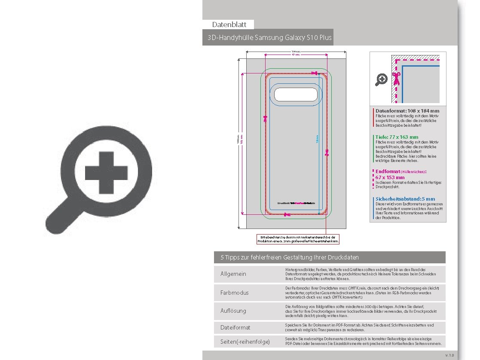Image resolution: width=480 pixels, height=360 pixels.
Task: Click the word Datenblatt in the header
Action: [229, 24]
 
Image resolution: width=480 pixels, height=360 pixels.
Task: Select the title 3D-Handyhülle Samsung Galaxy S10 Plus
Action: [269, 38]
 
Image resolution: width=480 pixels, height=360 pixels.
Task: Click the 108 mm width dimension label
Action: [296, 52]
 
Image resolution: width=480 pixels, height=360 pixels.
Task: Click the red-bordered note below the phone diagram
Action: [298, 239]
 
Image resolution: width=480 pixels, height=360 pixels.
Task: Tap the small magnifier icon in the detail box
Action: [381, 79]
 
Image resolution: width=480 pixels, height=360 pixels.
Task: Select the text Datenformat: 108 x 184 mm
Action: [407, 111]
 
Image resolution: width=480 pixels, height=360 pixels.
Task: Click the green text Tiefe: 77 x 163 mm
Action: [397, 137]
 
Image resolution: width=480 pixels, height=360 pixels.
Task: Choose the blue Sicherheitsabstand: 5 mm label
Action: [405, 199]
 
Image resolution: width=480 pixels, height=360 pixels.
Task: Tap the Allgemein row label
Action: [233, 274]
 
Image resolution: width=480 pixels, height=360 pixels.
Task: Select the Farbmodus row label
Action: [234, 293]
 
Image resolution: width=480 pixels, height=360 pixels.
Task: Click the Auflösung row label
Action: [233, 311]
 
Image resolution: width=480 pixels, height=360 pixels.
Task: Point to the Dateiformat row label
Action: [235, 327]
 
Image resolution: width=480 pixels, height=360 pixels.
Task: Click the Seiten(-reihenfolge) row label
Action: [245, 342]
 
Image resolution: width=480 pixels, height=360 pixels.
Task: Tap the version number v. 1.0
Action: [449, 355]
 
